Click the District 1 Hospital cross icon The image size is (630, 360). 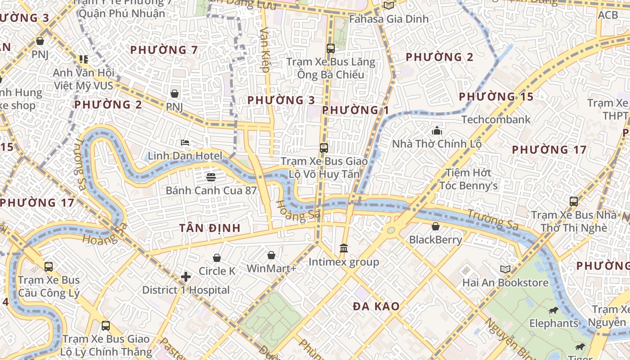(186, 277)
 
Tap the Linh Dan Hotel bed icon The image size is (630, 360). (185, 143)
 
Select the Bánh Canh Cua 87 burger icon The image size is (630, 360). (211, 177)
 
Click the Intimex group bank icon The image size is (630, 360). (344, 248)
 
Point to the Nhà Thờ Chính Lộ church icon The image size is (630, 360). (436, 130)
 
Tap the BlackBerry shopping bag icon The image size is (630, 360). (435, 226)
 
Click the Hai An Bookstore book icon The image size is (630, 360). (505, 269)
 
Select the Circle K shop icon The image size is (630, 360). (217, 257)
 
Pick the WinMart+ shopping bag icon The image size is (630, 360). (271, 255)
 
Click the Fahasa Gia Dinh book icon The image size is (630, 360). (388, 5)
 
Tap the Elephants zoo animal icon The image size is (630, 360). (553, 310)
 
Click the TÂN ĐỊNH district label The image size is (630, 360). (210, 228)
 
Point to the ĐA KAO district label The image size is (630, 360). (376, 306)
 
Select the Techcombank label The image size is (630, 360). (496, 120)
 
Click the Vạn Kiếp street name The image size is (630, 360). (265, 49)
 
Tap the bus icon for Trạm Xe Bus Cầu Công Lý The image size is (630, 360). (49, 266)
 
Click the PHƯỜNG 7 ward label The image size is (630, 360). (164, 50)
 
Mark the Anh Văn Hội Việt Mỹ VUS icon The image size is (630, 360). (83, 59)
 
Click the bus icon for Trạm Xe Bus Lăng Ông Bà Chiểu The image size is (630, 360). (331, 48)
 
